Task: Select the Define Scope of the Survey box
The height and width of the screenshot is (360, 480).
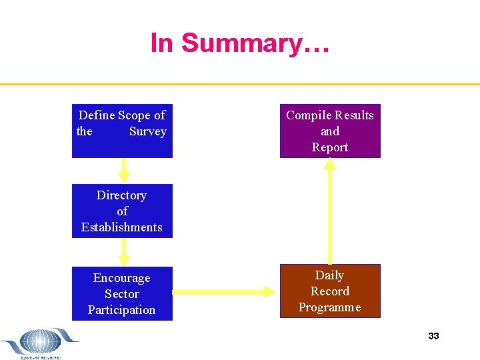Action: coord(122,131)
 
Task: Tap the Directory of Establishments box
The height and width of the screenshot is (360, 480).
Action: coord(122,211)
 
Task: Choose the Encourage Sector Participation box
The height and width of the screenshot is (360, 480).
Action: coord(122,294)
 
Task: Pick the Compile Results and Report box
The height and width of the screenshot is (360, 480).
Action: coord(330,131)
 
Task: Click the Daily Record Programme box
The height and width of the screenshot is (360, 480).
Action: coord(330,291)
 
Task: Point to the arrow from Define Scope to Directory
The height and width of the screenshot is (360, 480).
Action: coord(123,170)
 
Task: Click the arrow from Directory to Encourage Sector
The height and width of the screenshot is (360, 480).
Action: coord(123,252)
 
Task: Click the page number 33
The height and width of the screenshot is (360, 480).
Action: coord(433,336)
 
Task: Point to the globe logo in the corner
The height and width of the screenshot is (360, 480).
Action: coord(40,343)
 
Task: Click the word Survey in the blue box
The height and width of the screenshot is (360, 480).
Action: coord(148,131)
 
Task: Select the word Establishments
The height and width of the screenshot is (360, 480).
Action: coord(122,227)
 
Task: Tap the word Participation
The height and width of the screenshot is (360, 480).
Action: coord(122,310)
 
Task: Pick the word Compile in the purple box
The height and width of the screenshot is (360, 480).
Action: coord(308,115)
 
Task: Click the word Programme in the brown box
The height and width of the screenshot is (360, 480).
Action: coord(330,307)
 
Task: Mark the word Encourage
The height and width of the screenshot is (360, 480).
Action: coord(122,278)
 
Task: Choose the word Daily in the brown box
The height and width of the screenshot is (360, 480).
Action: coord(329,275)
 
